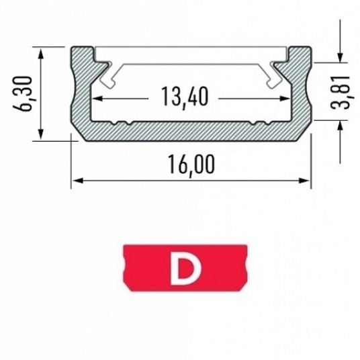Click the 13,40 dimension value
coord(185,97)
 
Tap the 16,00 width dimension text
coord(191,165)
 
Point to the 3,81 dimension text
coord(341,92)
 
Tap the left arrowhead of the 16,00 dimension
coord(78,181)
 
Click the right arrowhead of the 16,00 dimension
coord(304,181)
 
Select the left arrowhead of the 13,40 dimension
coord(97,99)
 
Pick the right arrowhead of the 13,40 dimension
coord(285,99)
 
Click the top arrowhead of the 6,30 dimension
coord(41,53)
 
